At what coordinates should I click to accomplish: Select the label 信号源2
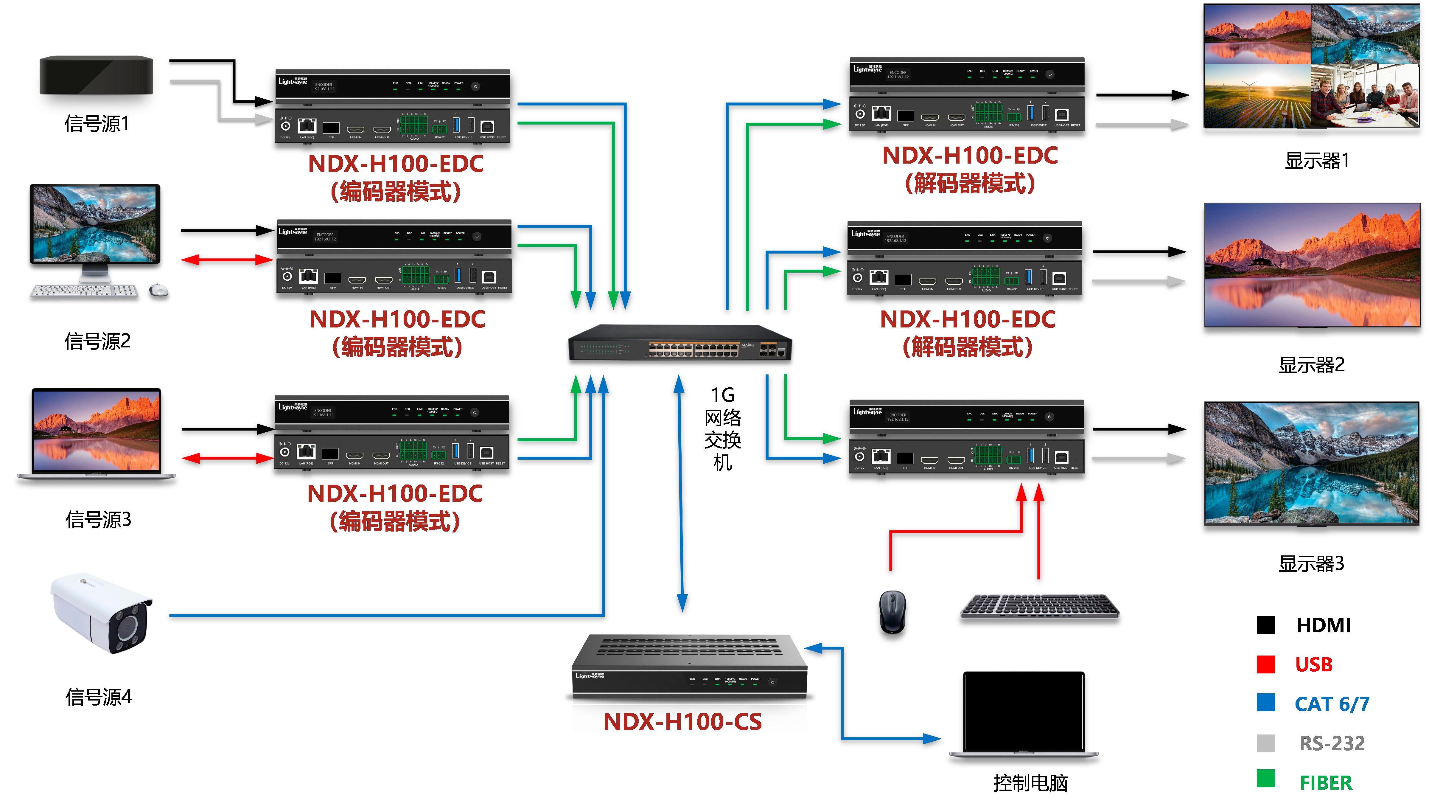(98, 341)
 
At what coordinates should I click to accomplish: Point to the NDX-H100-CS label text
(682, 722)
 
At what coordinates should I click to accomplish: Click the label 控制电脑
(1030, 783)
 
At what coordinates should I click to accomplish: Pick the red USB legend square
(1265, 664)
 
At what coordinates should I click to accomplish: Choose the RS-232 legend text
(1332, 743)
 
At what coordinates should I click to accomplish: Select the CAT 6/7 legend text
(1332, 703)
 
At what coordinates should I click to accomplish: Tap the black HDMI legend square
(1265, 625)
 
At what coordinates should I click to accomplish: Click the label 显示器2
(1311, 364)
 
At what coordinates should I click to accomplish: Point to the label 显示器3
(1311, 563)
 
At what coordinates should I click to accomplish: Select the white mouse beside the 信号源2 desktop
(159, 290)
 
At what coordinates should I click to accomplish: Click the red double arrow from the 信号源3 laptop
(227, 458)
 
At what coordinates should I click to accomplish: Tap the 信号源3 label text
(98, 519)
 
